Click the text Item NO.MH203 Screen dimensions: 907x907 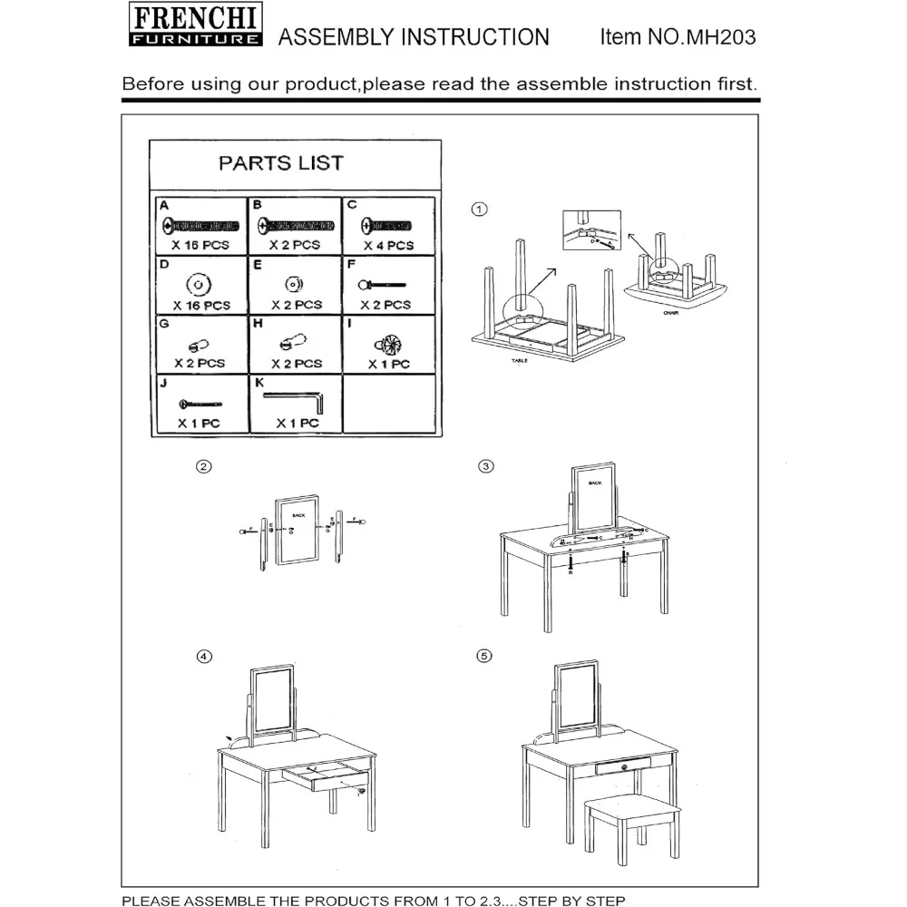pos(678,36)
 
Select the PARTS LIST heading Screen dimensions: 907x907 pos(281,163)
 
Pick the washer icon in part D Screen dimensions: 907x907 pos(201,283)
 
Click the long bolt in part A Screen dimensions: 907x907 pos(201,225)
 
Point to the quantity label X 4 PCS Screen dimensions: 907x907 pos(388,245)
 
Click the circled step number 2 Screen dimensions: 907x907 pos(204,467)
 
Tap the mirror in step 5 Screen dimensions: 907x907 pos(578,696)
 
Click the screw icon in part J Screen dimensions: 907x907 pos(200,403)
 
